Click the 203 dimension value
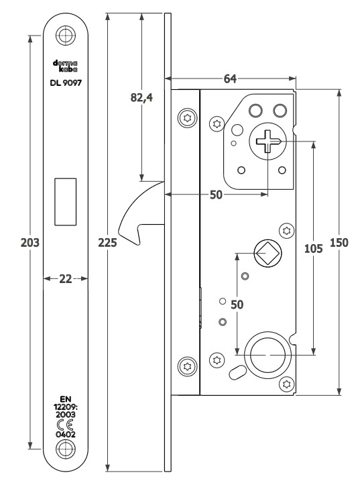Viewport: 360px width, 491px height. click(x=30, y=242)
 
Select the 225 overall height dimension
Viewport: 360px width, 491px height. click(x=107, y=242)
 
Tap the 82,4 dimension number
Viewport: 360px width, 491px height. click(x=141, y=98)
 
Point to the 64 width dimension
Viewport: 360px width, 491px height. click(x=230, y=79)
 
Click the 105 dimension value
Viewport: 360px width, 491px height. click(x=313, y=249)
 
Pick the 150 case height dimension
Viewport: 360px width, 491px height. click(x=339, y=242)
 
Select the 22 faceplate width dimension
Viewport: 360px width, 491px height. click(x=66, y=278)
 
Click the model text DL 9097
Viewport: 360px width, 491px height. click(x=66, y=83)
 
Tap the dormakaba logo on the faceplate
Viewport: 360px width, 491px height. click(x=65, y=66)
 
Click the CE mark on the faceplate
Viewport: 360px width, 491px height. click(x=66, y=425)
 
